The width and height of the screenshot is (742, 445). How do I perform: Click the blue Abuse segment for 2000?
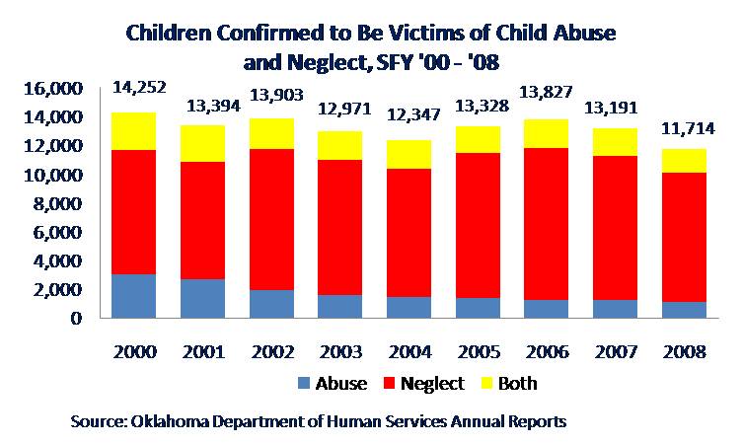coord(133,296)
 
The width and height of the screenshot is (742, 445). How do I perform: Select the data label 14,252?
coord(141,87)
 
